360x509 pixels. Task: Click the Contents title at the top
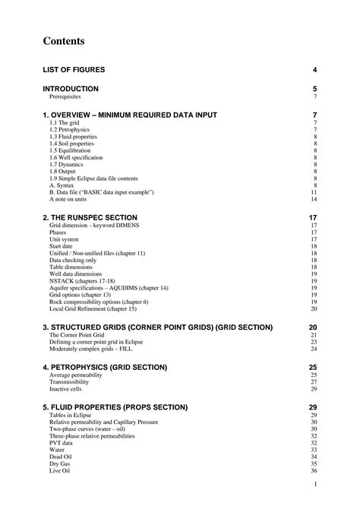[64, 41]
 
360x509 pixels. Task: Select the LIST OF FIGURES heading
[74, 70]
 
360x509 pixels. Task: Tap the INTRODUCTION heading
[71, 89]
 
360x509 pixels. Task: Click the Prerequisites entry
[65, 97]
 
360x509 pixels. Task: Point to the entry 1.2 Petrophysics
[68, 129]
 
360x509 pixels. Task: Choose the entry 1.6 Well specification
[76, 157]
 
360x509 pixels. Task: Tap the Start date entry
[62, 246]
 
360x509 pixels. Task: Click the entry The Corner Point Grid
[77, 335]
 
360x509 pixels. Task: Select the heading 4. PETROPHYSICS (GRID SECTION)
[105, 367]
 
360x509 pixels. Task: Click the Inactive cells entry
[65, 389]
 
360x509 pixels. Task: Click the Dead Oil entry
[60, 457]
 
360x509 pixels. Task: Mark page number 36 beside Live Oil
[313, 471]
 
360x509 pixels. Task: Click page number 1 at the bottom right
[314, 484]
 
